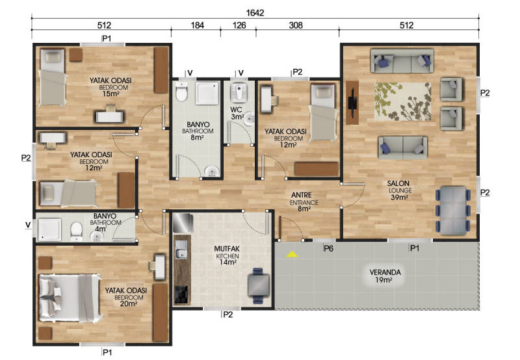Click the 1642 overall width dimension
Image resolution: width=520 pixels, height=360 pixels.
coord(255,12)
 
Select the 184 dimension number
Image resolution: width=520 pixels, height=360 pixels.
coord(198,25)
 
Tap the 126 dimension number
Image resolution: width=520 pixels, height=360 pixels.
coord(239,25)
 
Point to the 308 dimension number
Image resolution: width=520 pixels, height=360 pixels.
coord(296,25)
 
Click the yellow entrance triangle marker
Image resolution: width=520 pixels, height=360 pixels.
coord(292,254)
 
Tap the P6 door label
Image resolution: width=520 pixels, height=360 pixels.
coord(328,248)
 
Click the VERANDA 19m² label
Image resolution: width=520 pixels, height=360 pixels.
coord(385,276)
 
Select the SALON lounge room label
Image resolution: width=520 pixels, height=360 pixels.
coord(399,190)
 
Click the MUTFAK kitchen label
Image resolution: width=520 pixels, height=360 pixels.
coord(227,255)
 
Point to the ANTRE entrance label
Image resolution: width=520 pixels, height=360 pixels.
coord(302,201)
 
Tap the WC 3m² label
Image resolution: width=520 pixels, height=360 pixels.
coord(237,112)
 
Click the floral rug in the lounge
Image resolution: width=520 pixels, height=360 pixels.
coord(403,101)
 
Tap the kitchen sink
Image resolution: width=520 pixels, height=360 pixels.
coord(181,250)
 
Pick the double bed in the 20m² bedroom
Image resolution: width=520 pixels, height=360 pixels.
coord(70,298)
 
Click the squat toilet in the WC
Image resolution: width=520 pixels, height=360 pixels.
coord(237,92)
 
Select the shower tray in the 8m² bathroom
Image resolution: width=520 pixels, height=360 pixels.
coord(207,93)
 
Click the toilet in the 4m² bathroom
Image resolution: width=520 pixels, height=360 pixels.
coord(77,231)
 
